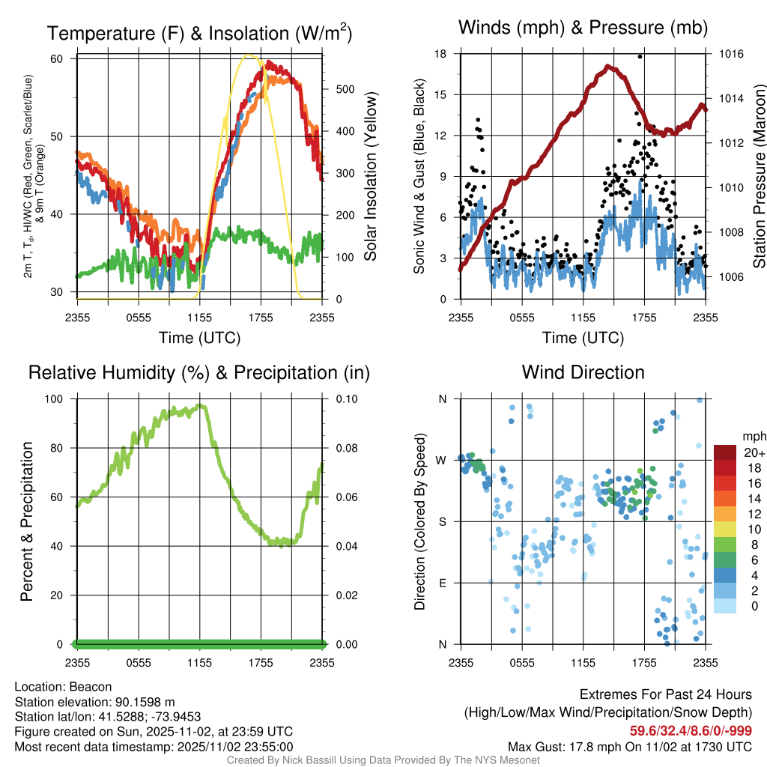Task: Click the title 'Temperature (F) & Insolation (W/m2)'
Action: pyautogui.click(x=200, y=33)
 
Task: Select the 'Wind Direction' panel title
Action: pyautogui.click(x=583, y=372)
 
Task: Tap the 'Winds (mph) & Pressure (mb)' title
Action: pyautogui.click(x=583, y=28)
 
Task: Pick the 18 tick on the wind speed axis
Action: pyautogui.click(x=440, y=54)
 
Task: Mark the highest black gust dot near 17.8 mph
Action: pyautogui.click(x=640, y=56)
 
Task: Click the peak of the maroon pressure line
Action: pyautogui.click(x=609, y=67)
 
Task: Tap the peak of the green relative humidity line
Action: pyautogui.click(x=199, y=406)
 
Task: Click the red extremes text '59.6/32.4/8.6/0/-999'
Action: pyautogui.click(x=691, y=731)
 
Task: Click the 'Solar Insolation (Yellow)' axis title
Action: pyautogui.click(x=370, y=178)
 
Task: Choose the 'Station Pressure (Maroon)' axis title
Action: pyautogui.click(x=759, y=178)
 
